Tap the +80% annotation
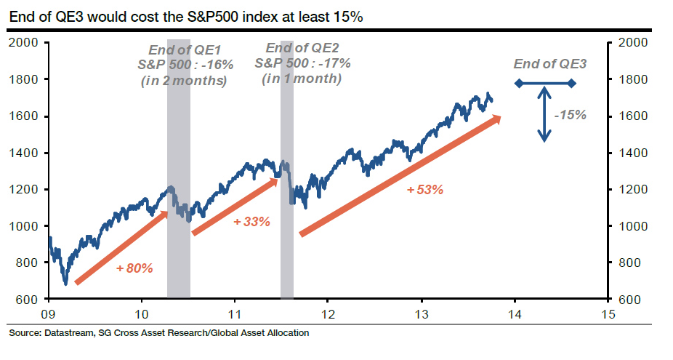point(134,268)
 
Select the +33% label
point(251,221)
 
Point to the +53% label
point(425,190)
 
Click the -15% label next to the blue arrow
point(570,115)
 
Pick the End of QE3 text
point(549,64)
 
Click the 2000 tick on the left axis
point(25,42)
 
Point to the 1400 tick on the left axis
point(25,153)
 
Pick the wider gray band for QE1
point(179,240)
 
